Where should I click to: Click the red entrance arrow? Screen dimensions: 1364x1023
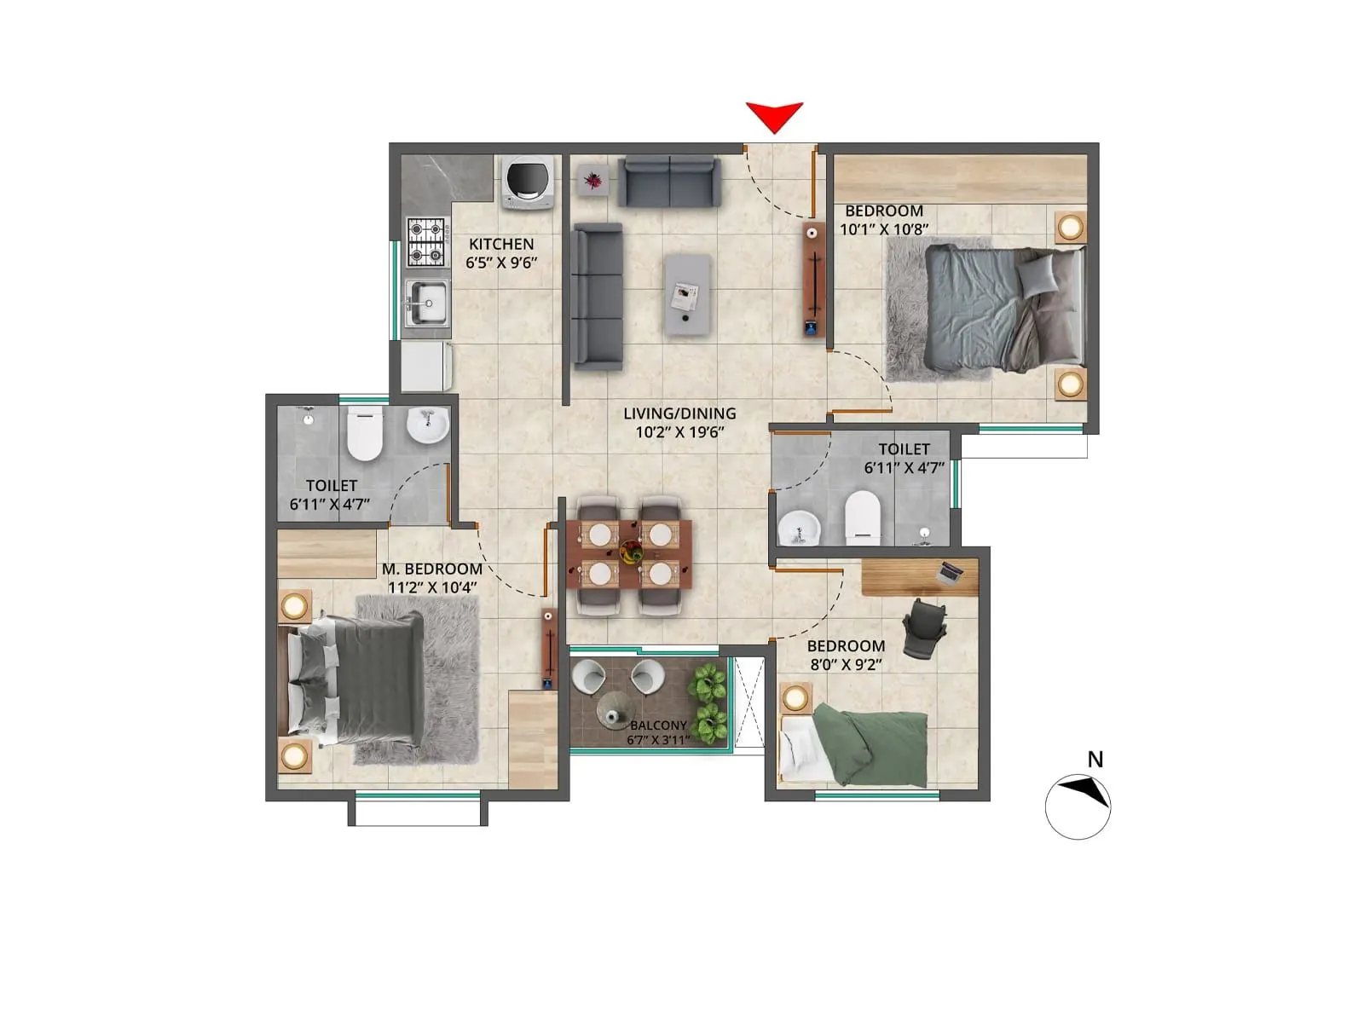[x=774, y=117]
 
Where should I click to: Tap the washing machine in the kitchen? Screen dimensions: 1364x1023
[x=527, y=182]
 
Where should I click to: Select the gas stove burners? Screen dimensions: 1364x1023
[x=426, y=242]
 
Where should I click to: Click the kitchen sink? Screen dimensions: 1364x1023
[x=427, y=303]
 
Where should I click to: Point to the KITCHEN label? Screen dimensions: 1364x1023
[x=501, y=244]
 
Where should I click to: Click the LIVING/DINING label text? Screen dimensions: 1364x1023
[x=679, y=413]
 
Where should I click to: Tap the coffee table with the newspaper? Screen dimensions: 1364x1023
[x=687, y=294]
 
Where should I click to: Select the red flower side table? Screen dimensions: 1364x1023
[x=592, y=180]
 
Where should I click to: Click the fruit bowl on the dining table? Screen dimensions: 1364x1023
[x=631, y=551]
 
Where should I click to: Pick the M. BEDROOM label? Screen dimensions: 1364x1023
[x=432, y=569]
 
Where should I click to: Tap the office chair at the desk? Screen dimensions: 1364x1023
[x=925, y=628]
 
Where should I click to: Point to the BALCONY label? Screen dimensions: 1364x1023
[x=658, y=725]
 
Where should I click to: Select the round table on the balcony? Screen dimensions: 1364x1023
[x=616, y=708]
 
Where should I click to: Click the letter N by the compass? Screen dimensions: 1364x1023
[x=1095, y=760]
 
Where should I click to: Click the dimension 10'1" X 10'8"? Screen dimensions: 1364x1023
[x=884, y=229]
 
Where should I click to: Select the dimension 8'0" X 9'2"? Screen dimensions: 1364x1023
[x=846, y=665]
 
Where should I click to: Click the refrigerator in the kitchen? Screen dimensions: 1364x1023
[x=426, y=366]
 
